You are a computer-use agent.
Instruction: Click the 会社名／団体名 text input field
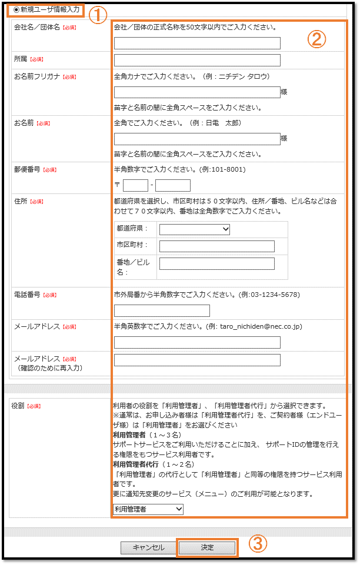(x=197, y=43)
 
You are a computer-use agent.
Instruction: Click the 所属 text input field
(x=197, y=60)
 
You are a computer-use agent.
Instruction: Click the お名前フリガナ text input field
(x=197, y=92)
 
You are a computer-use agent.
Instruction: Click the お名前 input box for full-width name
(x=197, y=139)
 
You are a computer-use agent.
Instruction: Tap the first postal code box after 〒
(x=135, y=186)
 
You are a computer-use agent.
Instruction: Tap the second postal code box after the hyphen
(x=173, y=186)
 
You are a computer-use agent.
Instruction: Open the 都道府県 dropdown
(x=194, y=229)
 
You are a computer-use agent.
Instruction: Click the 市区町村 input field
(x=216, y=246)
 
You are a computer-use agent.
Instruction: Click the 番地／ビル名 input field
(x=216, y=263)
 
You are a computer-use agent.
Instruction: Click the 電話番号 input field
(x=162, y=310)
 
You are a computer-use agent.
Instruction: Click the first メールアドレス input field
(x=197, y=342)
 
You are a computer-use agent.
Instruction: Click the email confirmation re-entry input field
(x=197, y=360)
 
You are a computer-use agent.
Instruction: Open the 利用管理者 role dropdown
(x=148, y=509)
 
